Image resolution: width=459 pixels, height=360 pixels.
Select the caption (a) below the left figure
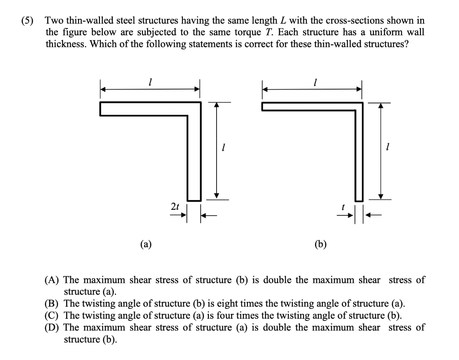(146, 244)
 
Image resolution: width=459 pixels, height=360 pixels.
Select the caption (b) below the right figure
(320, 244)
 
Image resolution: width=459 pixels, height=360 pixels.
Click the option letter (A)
(53, 280)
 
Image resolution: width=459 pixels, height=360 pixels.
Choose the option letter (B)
(53, 304)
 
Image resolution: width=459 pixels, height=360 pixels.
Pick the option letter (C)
(53, 315)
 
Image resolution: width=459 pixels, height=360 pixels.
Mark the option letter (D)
(53, 327)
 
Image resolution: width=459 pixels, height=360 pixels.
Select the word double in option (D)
(277, 327)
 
